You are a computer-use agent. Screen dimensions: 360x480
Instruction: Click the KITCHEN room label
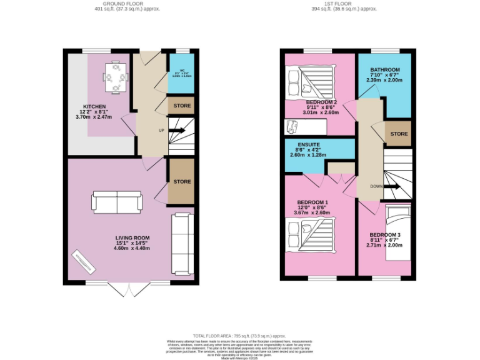pyautogui.click(x=96, y=106)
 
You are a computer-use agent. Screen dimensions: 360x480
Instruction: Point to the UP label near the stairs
pyautogui.click(x=161, y=131)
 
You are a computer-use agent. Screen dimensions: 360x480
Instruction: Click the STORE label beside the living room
pyautogui.click(x=182, y=182)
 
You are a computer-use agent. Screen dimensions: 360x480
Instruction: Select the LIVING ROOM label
pyautogui.click(x=132, y=238)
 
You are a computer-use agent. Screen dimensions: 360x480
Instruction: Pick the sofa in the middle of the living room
pyautogui.click(x=118, y=201)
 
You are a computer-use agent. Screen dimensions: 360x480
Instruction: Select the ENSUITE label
pyautogui.click(x=309, y=144)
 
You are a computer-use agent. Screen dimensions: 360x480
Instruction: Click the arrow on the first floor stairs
pyautogui.click(x=392, y=186)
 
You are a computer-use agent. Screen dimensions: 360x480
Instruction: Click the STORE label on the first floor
pyautogui.click(x=399, y=134)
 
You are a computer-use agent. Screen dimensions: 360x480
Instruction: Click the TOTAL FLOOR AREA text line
pyautogui.click(x=240, y=336)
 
